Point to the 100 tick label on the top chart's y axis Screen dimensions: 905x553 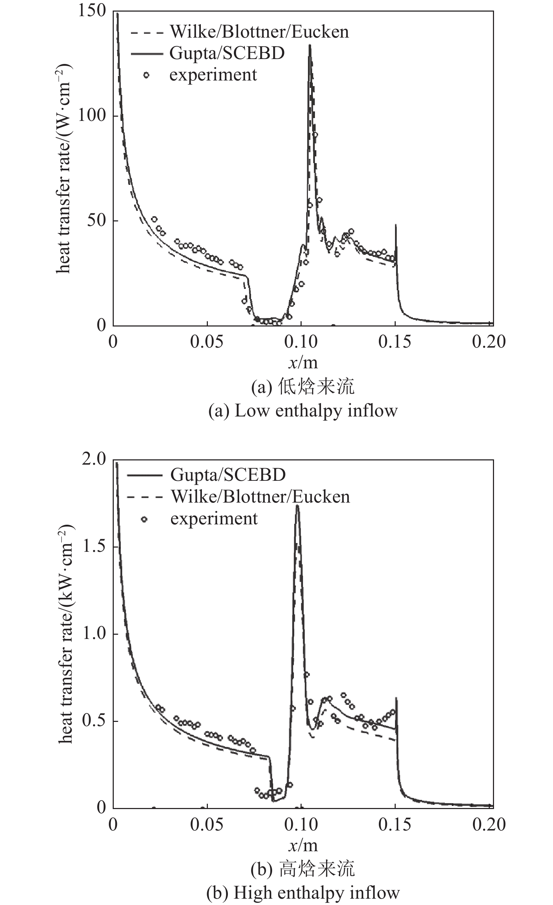pos(92,115)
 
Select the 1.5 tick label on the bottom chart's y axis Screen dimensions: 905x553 pos(94,546)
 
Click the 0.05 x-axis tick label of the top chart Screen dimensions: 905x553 pos(206,342)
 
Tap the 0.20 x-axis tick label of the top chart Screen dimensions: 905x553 pos(489,342)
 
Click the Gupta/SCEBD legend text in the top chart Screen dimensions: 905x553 pos(227,53)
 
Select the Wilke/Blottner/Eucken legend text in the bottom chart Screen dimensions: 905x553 pos(260,497)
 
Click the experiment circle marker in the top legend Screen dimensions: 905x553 pos(146,75)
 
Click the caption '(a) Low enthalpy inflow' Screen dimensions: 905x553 pos(303,410)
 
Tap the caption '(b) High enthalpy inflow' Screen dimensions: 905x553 pos(303,892)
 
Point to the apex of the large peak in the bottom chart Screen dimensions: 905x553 pos(297,506)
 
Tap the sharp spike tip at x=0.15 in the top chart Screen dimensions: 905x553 pos(396,225)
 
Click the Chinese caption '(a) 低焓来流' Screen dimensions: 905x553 pos(303,387)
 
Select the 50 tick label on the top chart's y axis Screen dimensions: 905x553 pos(96,220)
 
